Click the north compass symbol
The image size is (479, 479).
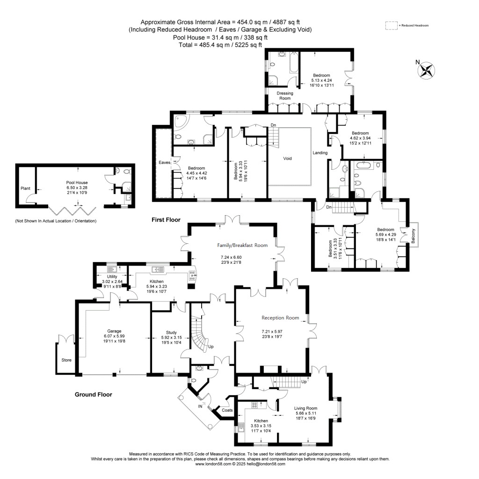[x=426, y=70]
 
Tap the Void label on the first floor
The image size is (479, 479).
[x=287, y=159]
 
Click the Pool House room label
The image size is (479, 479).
[x=77, y=182]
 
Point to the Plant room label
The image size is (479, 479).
[x=25, y=189]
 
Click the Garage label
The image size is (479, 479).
[x=114, y=330]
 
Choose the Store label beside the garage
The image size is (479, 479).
[x=66, y=360]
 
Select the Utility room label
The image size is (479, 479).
[x=111, y=276]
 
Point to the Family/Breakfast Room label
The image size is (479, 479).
[x=242, y=245]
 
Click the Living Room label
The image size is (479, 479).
[x=306, y=408]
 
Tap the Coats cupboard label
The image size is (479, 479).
[x=227, y=410]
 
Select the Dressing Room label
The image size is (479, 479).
[x=285, y=96]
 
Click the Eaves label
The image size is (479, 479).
[x=164, y=162]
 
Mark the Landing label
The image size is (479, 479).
[x=320, y=152]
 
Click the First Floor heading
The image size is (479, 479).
[x=165, y=219]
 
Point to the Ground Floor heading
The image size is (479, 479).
[x=94, y=394]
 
